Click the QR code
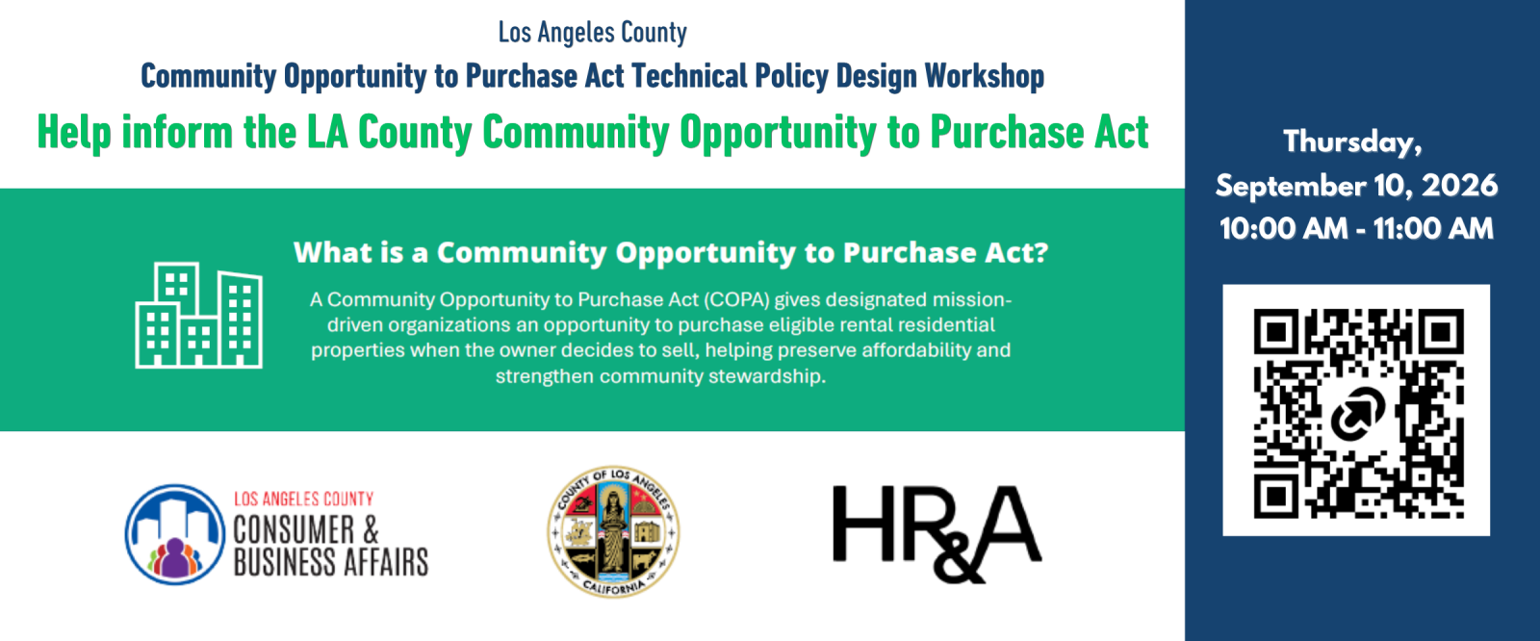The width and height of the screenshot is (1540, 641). (1358, 413)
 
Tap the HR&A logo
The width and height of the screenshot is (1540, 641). (937, 534)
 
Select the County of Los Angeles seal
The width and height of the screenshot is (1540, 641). (613, 531)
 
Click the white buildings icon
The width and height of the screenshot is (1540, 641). (198, 315)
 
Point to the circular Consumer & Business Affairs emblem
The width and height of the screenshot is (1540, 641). (174, 534)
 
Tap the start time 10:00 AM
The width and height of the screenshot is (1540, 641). (1284, 229)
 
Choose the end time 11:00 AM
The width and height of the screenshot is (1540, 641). (1433, 229)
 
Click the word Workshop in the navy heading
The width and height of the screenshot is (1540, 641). (985, 76)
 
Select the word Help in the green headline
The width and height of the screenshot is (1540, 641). (74, 133)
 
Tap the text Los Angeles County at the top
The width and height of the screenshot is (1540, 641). (593, 33)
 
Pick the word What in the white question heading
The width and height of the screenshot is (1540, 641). (329, 252)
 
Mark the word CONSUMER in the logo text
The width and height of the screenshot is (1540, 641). (294, 530)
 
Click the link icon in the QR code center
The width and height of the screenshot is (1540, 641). (1358, 413)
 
